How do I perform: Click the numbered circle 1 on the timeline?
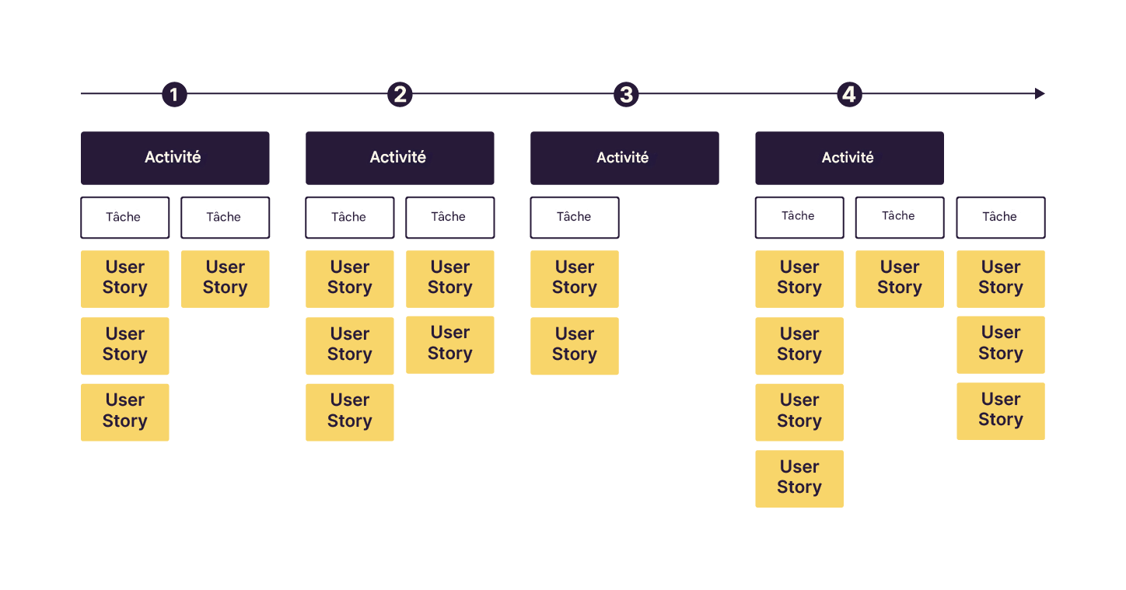tap(174, 95)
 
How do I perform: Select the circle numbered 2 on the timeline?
tap(400, 95)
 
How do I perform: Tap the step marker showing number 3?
tap(625, 95)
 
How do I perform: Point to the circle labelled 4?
tap(849, 95)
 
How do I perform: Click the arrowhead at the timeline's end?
tap(1039, 94)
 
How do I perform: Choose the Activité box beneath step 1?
tap(175, 158)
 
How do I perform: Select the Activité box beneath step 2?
tap(400, 158)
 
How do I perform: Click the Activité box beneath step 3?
tap(624, 158)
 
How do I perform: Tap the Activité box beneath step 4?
tap(849, 158)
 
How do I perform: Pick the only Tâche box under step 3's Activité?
tap(575, 218)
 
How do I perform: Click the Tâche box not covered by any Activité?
tap(1000, 218)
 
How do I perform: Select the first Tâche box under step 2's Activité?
tap(349, 218)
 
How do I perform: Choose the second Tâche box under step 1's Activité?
tap(225, 218)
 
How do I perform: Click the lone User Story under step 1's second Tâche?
tap(225, 278)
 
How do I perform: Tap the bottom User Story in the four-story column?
tap(799, 478)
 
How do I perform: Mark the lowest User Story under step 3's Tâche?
tap(575, 345)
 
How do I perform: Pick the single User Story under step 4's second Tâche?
tap(900, 278)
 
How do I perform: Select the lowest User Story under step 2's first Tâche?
tap(349, 412)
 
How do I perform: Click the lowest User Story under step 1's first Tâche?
tap(124, 412)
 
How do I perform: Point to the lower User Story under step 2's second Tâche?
tap(449, 344)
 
